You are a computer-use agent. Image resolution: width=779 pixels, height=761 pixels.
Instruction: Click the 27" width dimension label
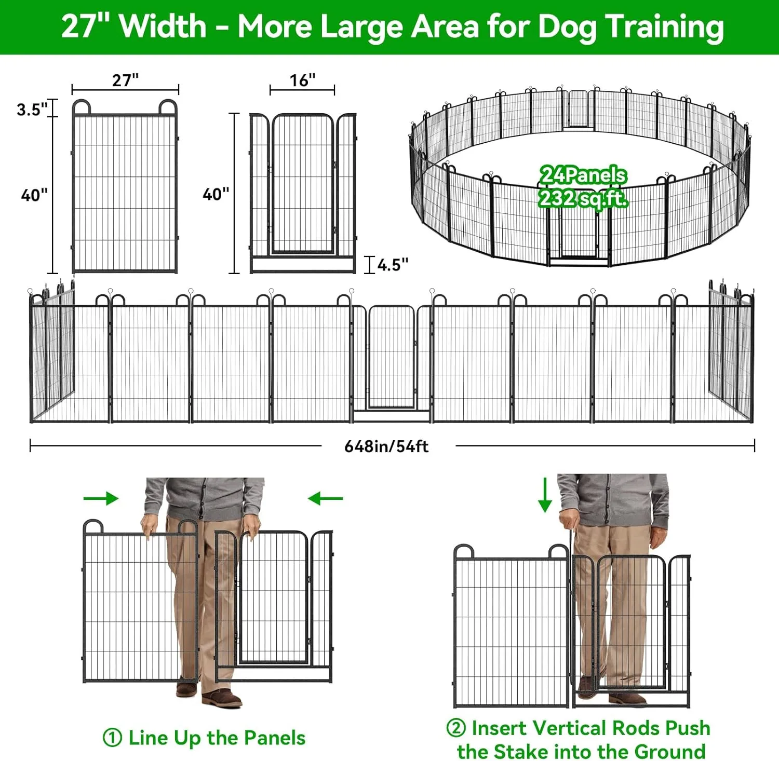pyautogui.click(x=125, y=80)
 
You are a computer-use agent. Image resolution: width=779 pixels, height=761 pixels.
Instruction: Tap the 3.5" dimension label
pyautogui.click(x=32, y=110)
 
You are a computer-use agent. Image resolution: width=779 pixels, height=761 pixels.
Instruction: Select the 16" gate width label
pyautogui.click(x=302, y=80)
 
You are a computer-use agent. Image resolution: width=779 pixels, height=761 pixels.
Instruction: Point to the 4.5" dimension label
pyautogui.click(x=393, y=265)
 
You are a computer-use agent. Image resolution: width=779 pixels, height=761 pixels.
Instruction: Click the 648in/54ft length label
pyautogui.click(x=386, y=446)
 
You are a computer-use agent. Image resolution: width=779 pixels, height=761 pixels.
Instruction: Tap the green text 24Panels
pyautogui.click(x=583, y=175)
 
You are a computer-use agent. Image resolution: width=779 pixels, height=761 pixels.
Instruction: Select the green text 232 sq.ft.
pyautogui.click(x=583, y=198)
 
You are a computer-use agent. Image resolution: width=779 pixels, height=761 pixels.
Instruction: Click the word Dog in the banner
pyautogui.click(x=568, y=27)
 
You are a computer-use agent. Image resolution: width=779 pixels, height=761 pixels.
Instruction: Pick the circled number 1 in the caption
pyautogui.click(x=112, y=738)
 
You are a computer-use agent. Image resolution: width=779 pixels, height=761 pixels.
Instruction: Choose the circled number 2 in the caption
pyautogui.click(x=456, y=727)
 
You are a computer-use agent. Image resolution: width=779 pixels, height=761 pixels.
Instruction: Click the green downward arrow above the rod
pyautogui.click(x=545, y=495)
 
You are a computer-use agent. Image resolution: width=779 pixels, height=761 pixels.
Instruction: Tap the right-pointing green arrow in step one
pyautogui.click(x=101, y=498)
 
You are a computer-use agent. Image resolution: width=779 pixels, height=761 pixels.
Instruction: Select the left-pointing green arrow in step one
pyautogui.click(x=326, y=498)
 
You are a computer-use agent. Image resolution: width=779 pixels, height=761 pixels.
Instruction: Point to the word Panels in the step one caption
pyautogui.click(x=275, y=738)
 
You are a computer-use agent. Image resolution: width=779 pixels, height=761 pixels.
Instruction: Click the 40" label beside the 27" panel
pyautogui.click(x=34, y=195)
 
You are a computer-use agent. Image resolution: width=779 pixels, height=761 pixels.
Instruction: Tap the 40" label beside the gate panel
pyautogui.click(x=216, y=194)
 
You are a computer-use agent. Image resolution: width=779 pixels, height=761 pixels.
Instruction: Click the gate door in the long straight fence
pyautogui.click(x=392, y=357)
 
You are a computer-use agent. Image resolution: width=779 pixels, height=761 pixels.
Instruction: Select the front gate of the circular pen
pyautogui.click(x=579, y=236)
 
